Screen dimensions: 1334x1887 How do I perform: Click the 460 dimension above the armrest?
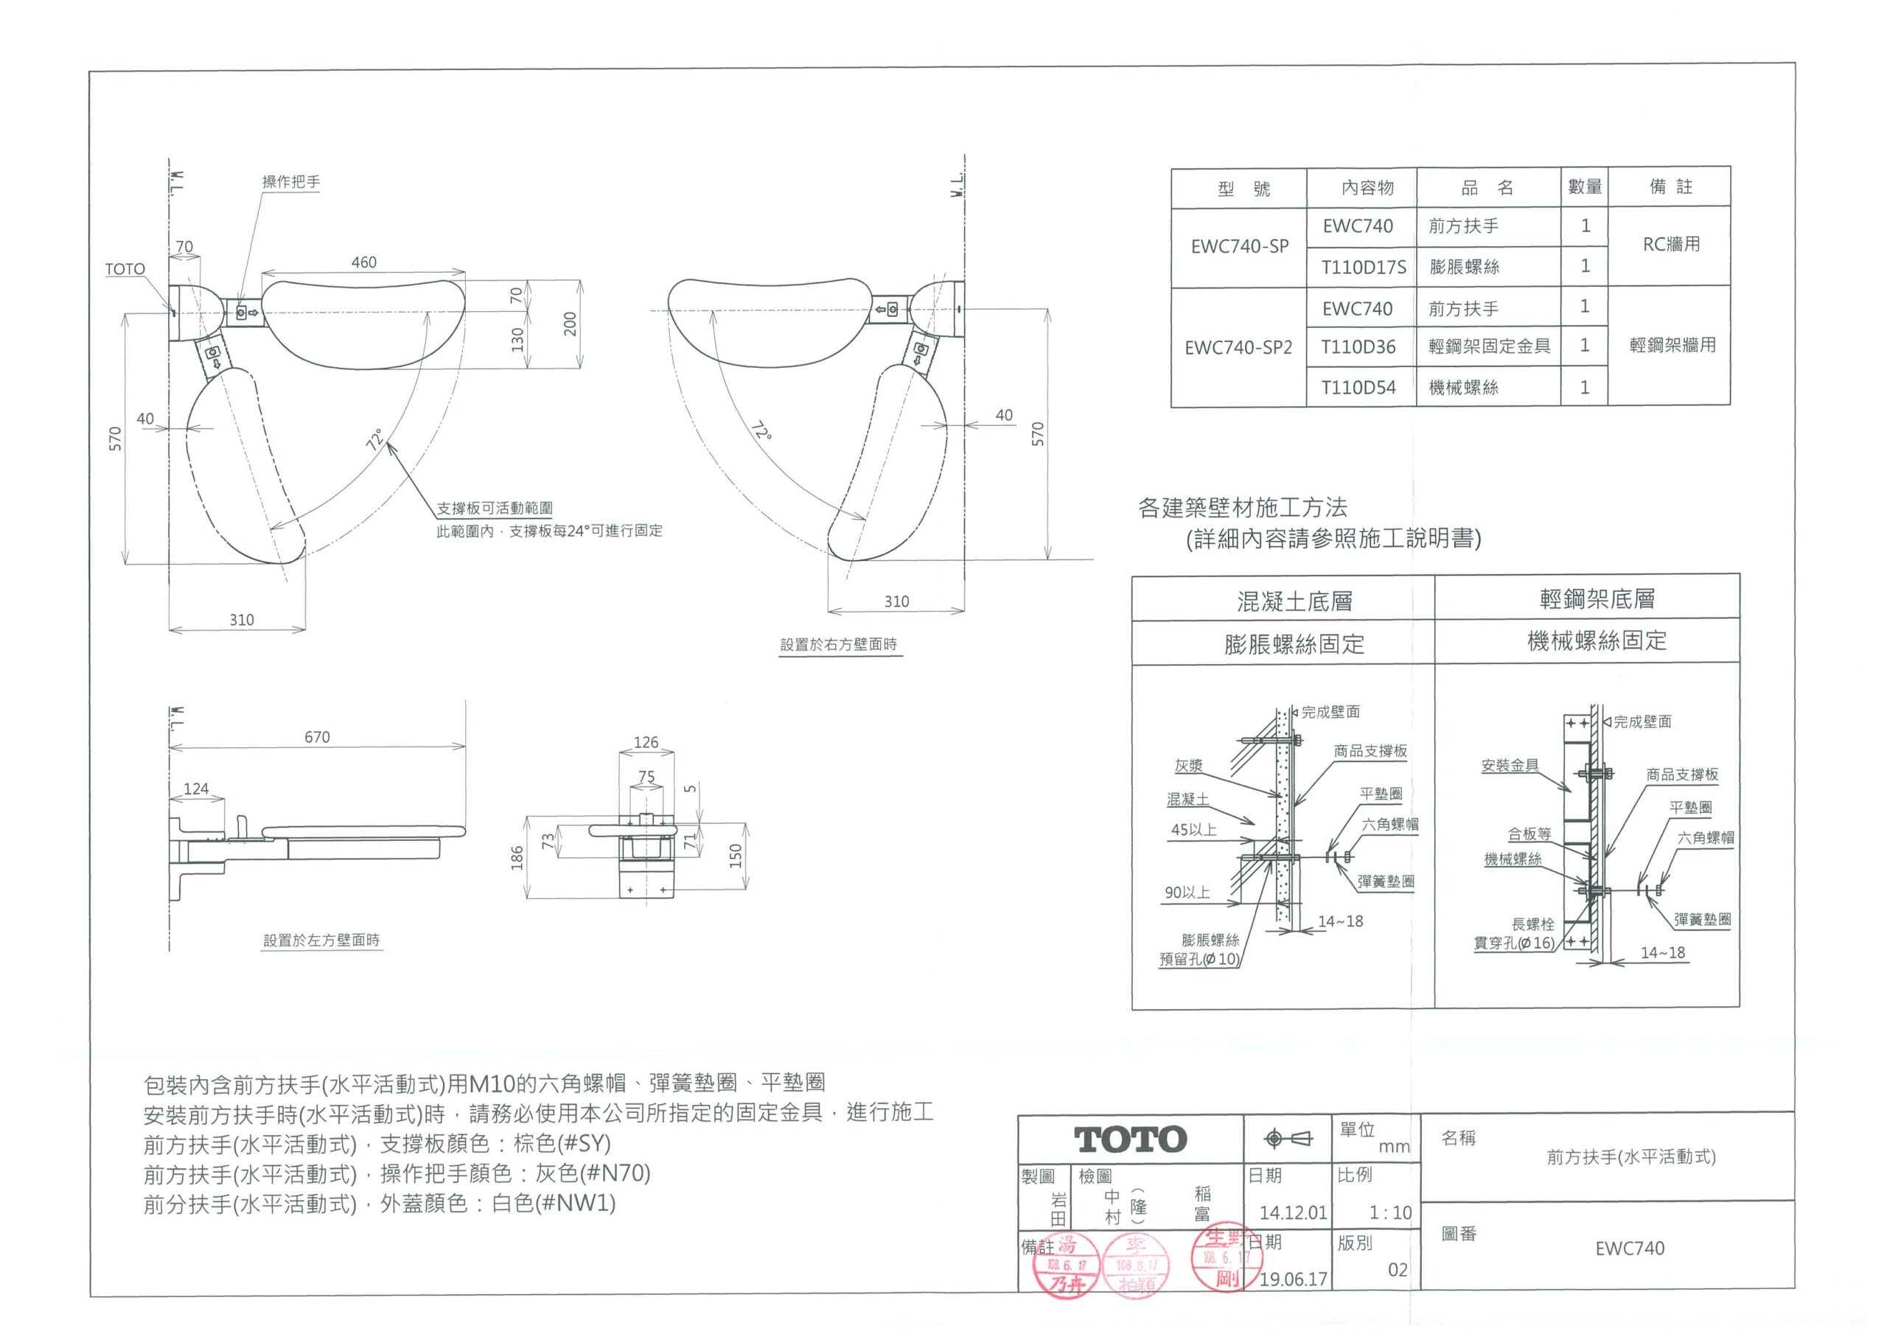pos(363,262)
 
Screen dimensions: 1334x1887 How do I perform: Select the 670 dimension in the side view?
pos(317,737)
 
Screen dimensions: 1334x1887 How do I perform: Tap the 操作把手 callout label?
pos(291,181)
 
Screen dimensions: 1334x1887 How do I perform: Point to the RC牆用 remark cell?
pos(1671,244)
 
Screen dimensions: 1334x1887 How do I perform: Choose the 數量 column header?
pos(1585,186)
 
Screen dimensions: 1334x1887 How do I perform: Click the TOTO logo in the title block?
pos(1130,1140)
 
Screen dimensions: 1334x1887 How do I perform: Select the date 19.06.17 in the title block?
pos(1293,1279)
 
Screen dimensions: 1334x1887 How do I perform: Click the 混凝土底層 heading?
pos(1294,601)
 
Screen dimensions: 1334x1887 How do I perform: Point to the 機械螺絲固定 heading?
pos(1597,641)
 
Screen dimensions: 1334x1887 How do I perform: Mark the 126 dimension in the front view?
pos(646,742)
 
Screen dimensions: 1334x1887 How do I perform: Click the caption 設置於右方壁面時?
pos(838,644)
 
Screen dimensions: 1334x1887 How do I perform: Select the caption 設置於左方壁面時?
pos(321,940)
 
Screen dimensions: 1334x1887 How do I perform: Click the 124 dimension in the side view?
pos(195,789)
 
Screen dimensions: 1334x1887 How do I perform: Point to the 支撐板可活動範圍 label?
pos(494,509)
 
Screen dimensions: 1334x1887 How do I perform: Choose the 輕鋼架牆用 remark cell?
pos(1673,345)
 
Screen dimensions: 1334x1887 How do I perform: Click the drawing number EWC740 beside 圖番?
pos(1630,1248)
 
